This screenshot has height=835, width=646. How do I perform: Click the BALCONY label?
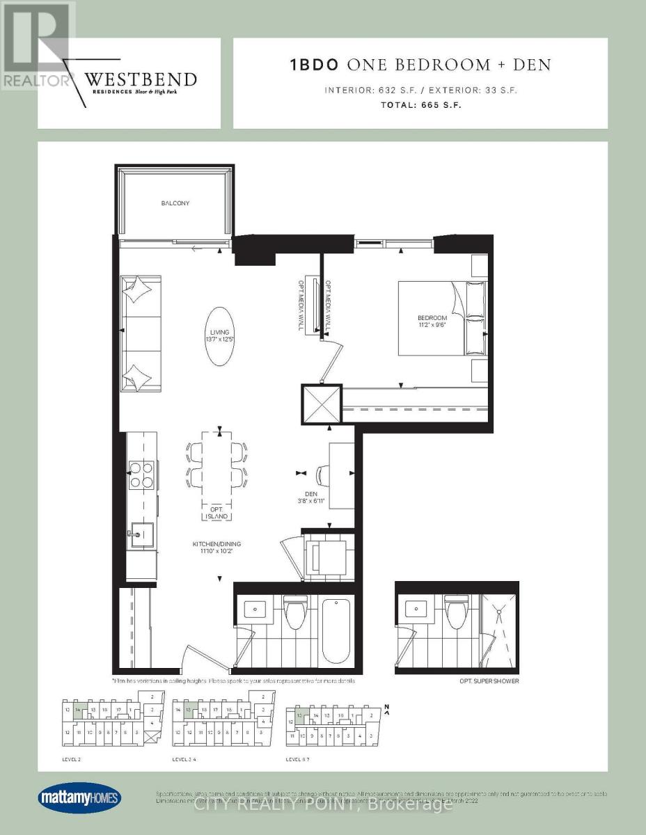[x=174, y=203]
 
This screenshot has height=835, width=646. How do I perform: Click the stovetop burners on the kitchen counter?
[x=141, y=475]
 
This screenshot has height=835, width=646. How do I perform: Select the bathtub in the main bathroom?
[x=336, y=630]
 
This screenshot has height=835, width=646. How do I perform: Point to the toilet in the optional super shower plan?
[x=456, y=615]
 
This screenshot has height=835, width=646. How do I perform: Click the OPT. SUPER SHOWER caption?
[x=490, y=681]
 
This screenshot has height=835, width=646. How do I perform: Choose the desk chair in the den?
[x=322, y=475]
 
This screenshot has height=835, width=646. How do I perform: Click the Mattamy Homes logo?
[x=79, y=797]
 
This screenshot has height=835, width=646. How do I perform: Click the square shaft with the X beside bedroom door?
[x=322, y=404]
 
